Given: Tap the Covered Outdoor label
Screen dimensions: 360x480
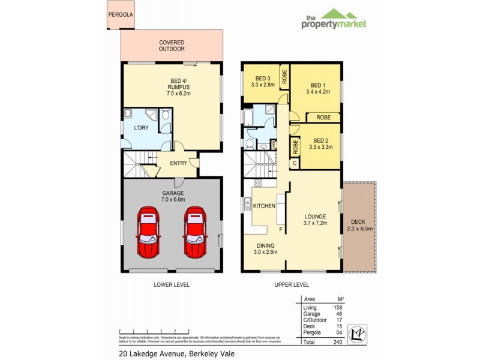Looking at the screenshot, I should pos(171,46).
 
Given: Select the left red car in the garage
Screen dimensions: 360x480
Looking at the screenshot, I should pos(148,233).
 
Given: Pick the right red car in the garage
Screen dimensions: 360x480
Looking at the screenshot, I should pos(195,233).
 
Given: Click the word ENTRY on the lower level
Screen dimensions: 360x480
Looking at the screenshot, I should pos(178,163).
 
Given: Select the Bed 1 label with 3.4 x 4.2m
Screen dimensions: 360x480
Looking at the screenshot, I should pos(317,88).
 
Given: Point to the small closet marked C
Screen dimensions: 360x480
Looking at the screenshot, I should pos(295,163).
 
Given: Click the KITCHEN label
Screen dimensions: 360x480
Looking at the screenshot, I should pos(264,206).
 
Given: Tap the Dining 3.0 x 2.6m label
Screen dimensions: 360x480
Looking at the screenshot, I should pos(266,249).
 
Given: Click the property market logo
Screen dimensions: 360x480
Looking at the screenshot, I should pos(334,19).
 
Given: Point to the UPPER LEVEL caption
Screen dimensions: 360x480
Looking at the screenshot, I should pos(293,284).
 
